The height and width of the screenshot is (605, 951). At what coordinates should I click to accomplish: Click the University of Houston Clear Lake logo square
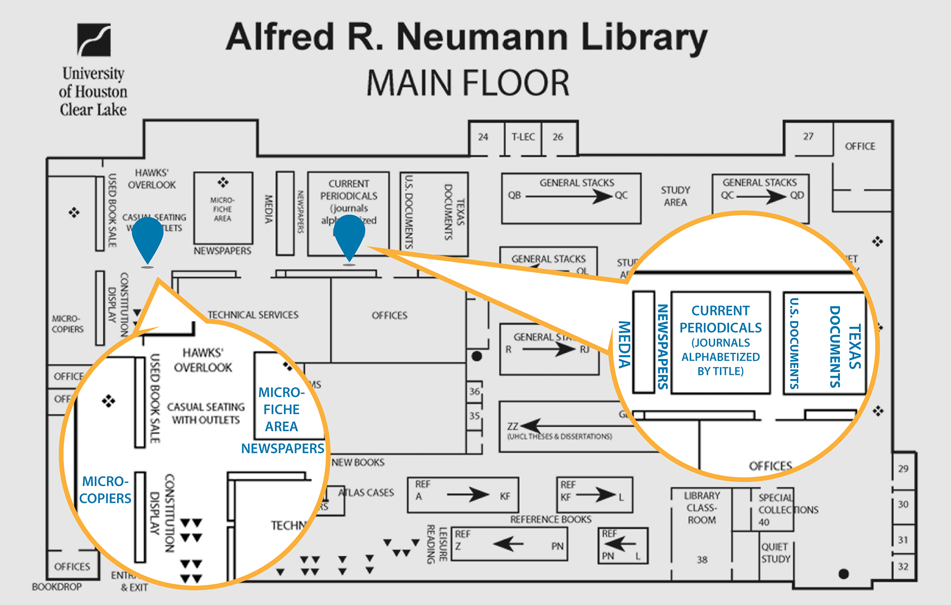94,40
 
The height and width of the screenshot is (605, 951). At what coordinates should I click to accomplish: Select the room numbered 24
483,137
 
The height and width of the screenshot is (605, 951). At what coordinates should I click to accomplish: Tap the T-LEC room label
523,137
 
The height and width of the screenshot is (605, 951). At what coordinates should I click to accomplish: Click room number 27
808,136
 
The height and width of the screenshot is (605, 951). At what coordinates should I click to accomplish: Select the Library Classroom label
701,507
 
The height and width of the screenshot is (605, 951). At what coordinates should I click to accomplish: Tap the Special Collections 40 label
788,509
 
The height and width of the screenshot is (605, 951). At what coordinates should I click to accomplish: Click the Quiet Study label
776,553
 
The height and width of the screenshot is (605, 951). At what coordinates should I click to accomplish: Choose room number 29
903,468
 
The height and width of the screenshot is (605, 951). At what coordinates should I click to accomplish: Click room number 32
903,566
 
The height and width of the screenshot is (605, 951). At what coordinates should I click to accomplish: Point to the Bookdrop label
56,587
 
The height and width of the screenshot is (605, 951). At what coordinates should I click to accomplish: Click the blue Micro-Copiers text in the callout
106,490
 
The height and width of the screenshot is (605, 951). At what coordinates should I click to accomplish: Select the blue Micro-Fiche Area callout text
281,409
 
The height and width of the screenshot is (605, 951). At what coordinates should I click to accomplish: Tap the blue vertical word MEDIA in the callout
624,345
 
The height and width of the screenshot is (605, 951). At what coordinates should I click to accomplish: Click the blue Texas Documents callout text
845,347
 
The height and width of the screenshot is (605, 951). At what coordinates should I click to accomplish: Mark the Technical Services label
253,315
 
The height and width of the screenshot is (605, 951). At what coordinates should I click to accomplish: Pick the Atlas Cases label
366,493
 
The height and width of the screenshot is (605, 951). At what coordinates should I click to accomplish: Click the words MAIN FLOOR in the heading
468,83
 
